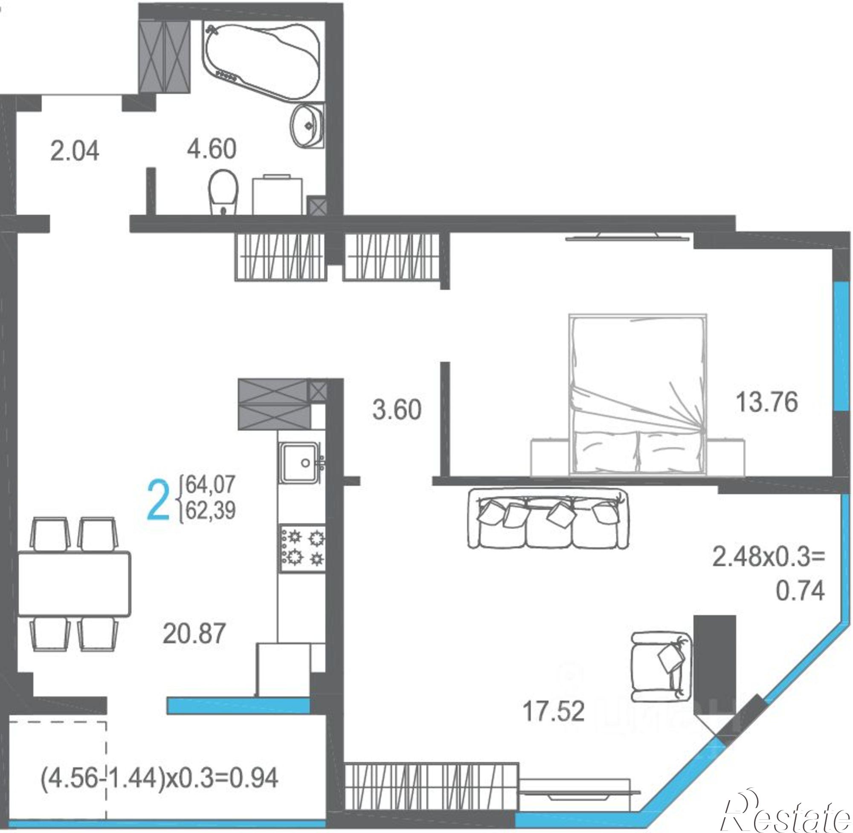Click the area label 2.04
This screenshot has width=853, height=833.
74,151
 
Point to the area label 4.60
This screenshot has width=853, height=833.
212,149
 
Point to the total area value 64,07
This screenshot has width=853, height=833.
211,484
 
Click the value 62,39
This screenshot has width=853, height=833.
211,510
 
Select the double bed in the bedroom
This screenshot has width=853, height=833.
637,394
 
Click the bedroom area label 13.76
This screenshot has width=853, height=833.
767,402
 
